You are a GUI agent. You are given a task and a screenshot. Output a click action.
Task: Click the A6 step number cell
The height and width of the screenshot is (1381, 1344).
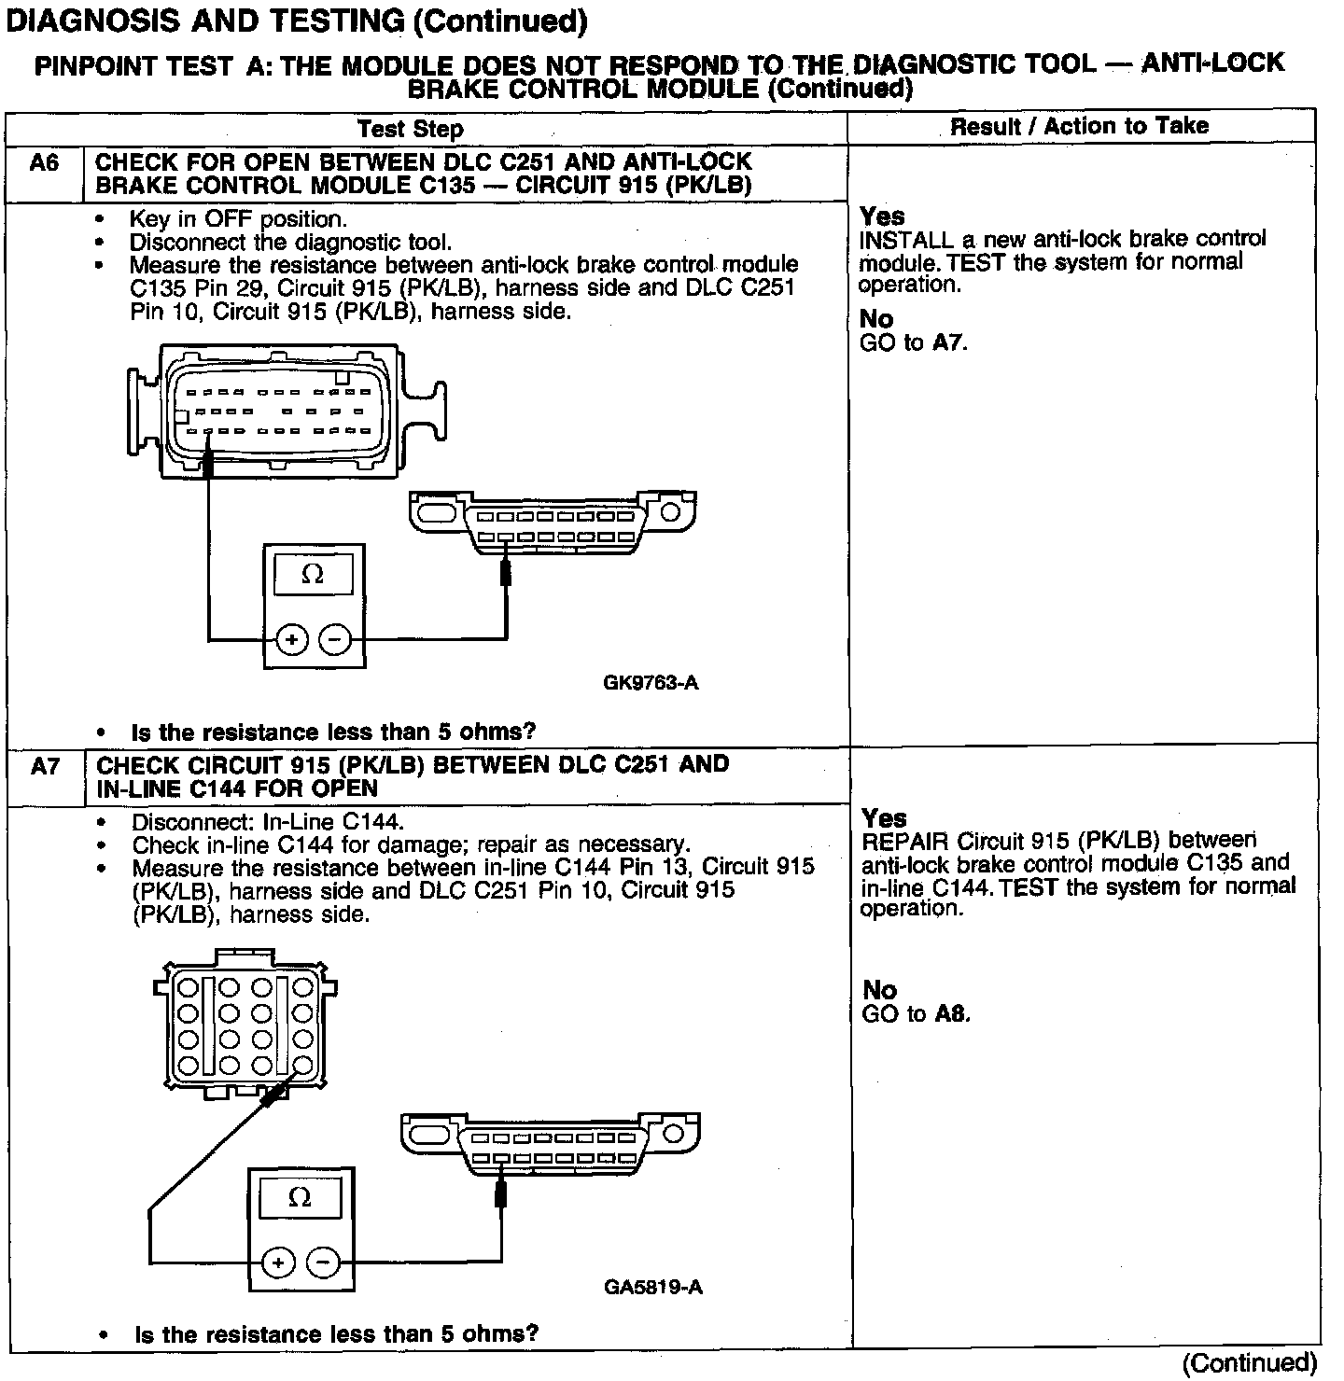click(44, 164)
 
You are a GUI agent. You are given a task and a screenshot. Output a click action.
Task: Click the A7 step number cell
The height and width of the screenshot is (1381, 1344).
click(45, 767)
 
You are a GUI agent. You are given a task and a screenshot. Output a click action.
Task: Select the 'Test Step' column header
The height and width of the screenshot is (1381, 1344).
click(410, 129)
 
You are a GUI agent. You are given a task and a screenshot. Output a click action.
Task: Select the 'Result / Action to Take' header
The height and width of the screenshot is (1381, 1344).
click(1079, 127)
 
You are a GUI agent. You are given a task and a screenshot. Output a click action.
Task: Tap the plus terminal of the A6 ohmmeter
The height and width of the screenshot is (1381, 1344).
click(291, 640)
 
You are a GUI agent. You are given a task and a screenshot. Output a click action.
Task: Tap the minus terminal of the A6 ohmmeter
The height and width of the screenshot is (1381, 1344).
click(335, 640)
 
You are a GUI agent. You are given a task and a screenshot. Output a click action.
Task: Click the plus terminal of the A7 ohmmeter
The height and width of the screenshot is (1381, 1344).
click(277, 1263)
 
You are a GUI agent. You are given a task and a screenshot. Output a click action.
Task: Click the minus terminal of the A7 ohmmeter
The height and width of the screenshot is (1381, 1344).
click(323, 1263)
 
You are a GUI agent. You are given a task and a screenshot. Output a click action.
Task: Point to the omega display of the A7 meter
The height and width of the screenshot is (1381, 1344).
click(300, 1198)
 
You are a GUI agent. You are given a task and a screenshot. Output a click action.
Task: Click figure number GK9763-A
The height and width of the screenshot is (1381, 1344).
click(651, 683)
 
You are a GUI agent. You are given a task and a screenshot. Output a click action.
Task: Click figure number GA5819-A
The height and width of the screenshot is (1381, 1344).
click(652, 1288)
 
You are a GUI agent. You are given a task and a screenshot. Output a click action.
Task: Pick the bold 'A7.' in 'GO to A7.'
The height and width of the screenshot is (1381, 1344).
click(950, 343)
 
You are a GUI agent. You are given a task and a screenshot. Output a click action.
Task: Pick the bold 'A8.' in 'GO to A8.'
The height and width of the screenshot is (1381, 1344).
click(952, 1014)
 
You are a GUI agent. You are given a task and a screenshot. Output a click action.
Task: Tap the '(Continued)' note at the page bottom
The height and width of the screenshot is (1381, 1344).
click(1249, 1364)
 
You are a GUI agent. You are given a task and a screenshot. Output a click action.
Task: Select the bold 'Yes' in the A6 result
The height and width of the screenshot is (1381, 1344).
click(882, 216)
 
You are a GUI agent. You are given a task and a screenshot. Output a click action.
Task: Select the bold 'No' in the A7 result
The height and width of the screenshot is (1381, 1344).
click(879, 990)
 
